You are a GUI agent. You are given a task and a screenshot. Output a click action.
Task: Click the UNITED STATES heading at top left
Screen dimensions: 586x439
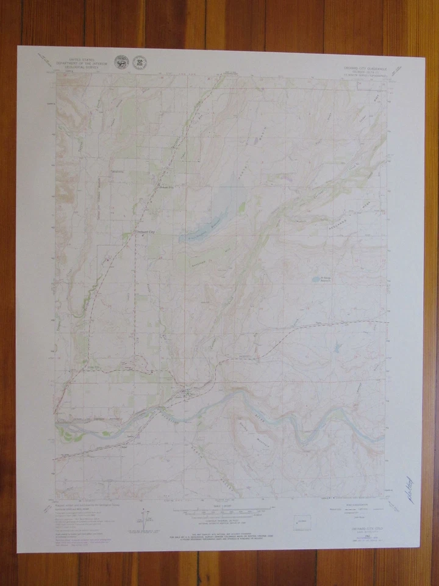click(x=82, y=59)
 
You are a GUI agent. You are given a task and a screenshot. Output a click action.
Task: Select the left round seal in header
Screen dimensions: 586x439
click(x=122, y=63)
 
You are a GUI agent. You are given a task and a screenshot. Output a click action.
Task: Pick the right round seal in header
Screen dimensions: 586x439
click(x=140, y=63)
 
